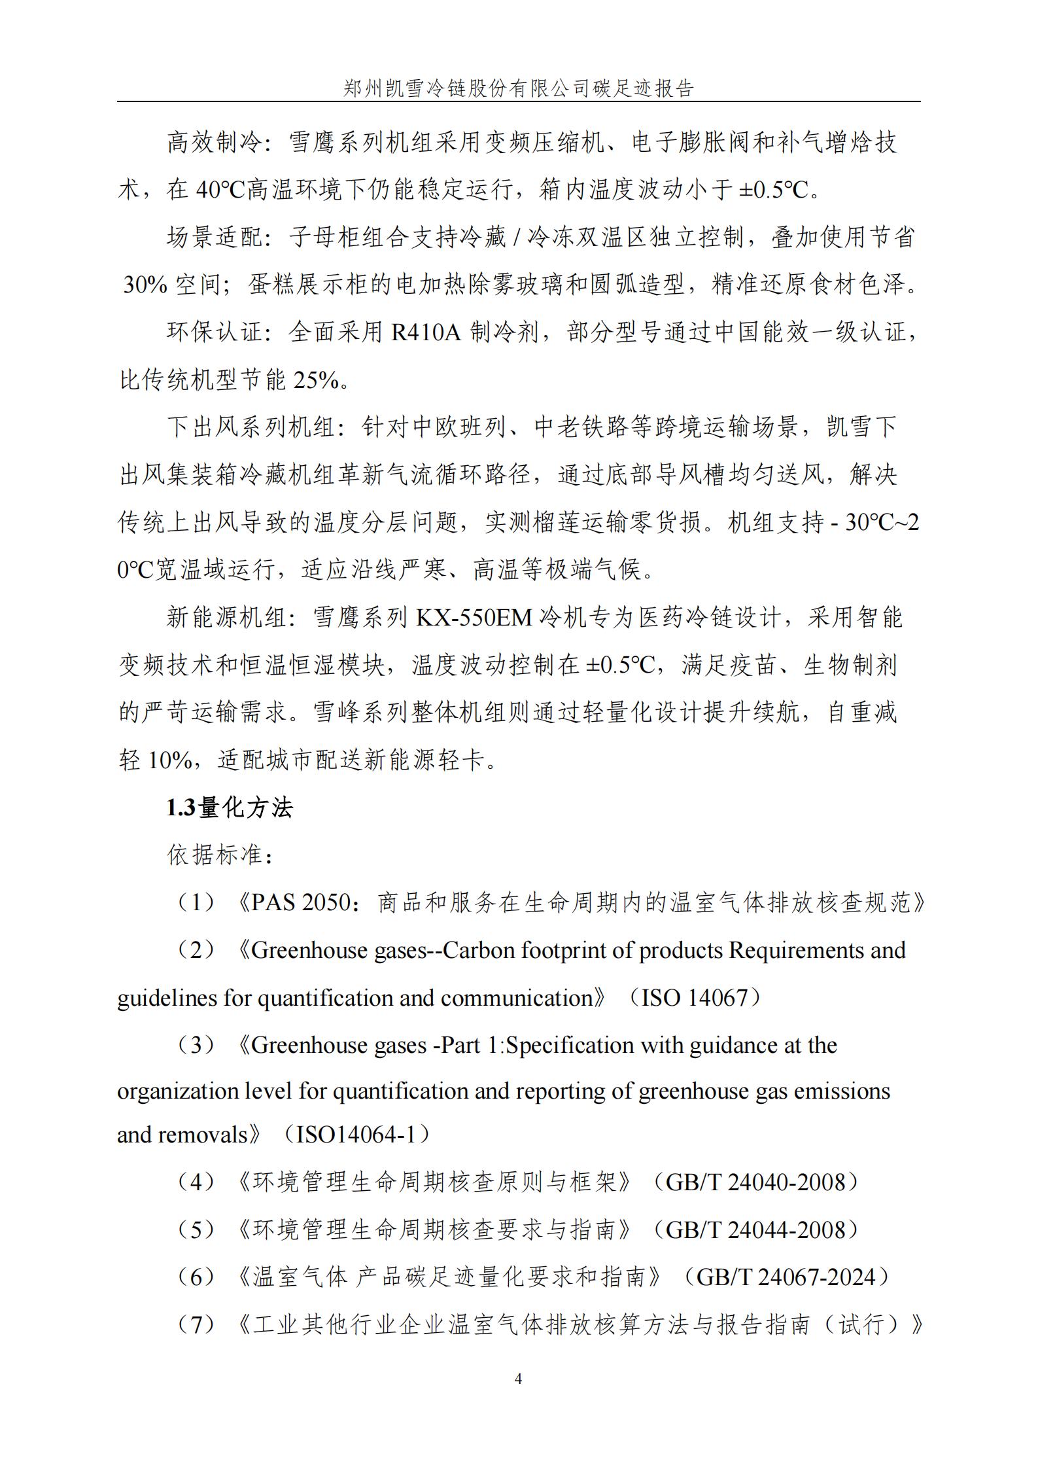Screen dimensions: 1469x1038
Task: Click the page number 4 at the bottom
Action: pos(519,1379)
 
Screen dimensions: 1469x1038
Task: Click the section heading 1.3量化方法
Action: pos(230,808)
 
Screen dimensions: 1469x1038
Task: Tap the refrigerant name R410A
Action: pos(426,332)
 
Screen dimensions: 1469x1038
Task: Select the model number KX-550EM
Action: pos(474,618)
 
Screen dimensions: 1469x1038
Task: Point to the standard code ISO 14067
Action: pos(694,997)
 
